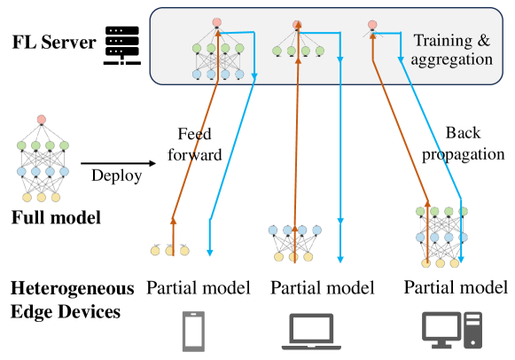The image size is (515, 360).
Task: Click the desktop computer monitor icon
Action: coord(441,328)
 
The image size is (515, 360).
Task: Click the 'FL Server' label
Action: coord(54,42)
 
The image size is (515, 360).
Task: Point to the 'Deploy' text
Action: coord(116,176)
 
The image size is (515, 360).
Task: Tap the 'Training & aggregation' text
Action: coord(452,50)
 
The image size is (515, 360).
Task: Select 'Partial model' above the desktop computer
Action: coord(456,287)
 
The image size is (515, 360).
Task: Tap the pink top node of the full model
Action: coord(41,120)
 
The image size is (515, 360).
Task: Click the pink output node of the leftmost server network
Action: coord(217,22)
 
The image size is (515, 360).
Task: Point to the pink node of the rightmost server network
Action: coord(373,24)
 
